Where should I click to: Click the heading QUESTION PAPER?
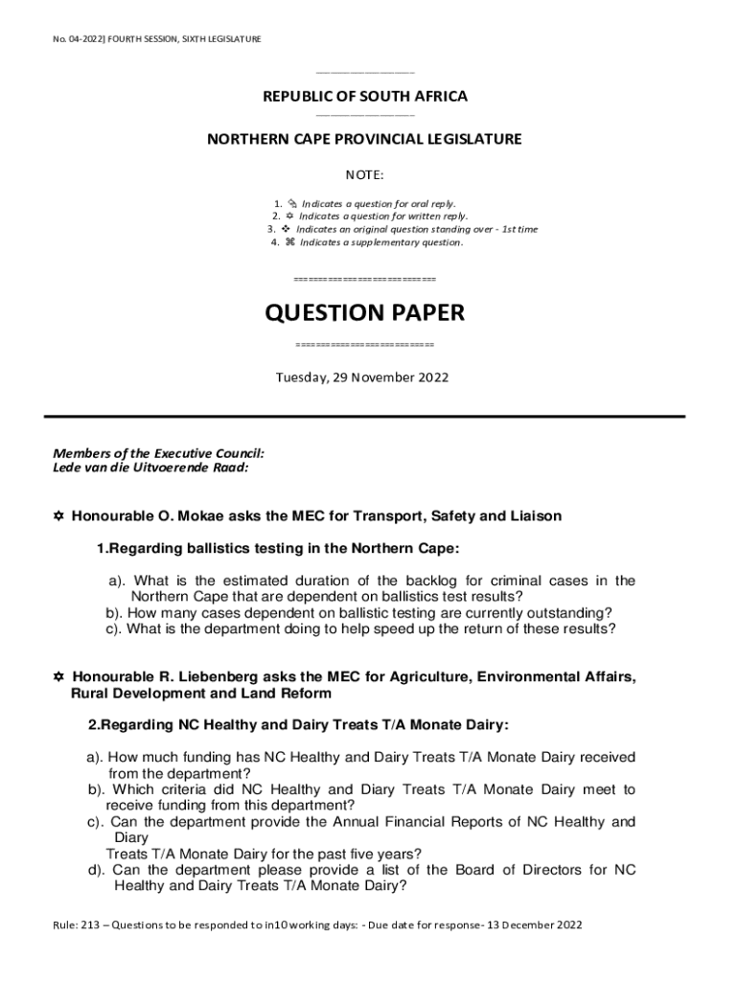click(x=364, y=313)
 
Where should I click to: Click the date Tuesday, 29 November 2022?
click(x=362, y=377)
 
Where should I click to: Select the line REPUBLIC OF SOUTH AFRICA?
click(x=365, y=97)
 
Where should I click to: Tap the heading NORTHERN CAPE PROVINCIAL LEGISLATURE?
click(x=364, y=140)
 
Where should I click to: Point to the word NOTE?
click(x=364, y=176)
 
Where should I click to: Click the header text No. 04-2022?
click(x=80, y=38)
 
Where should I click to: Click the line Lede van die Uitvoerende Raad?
click(x=150, y=468)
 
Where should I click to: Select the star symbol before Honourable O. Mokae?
click(x=58, y=516)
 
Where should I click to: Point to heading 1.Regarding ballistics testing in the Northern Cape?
click(x=278, y=549)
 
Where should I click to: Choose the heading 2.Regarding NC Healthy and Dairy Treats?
click(x=298, y=725)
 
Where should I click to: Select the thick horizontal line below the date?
click(x=365, y=417)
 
